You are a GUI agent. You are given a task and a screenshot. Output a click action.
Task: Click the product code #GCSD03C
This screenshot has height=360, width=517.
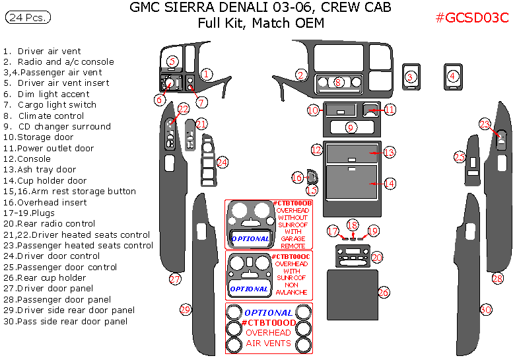pyautogui.click(x=472, y=18)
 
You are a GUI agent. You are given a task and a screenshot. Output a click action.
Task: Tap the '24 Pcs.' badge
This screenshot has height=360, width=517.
pyautogui.click(x=28, y=18)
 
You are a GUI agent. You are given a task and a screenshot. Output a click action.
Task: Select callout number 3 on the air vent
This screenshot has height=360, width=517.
pyautogui.click(x=410, y=77)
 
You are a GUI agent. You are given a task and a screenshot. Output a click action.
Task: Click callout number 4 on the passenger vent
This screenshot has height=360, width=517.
pyautogui.click(x=452, y=77)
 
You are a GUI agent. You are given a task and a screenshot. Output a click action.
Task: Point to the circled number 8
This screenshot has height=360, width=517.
pyautogui.click(x=339, y=83)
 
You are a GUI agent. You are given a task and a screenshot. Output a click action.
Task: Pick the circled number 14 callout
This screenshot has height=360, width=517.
pyautogui.click(x=390, y=183)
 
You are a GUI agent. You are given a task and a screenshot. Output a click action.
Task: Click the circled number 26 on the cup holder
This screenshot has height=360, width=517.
pyautogui.click(x=384, y=292)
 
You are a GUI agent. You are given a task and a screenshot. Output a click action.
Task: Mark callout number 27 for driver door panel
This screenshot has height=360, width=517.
pyautogui.click(x=174, y=279)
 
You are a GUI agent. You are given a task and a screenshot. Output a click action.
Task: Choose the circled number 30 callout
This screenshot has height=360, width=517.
pyautogui.click(x=486, y=308)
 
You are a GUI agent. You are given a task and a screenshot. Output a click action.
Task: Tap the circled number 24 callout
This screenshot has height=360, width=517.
pyautogui.click(x=223, y=162)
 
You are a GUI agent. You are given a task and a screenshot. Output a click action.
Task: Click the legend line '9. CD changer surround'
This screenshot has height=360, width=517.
pyautogui.click(x=57, y=126)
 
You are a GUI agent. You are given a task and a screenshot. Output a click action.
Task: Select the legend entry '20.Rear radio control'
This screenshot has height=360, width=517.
pyautogui.click(x=50, y=224)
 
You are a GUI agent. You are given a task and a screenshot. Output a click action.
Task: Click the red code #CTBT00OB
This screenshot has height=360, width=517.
pyautogui.click(x=292, y=203)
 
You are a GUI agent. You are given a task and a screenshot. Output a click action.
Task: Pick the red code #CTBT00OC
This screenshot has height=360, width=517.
pyautogui.click(x=291, y=256)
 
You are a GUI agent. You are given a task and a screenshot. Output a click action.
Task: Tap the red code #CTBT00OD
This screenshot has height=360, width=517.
pyautogui.click(x=268, y=323)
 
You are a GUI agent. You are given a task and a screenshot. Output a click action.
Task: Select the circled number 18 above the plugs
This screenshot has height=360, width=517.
pyautogui.click(x=353, y=225)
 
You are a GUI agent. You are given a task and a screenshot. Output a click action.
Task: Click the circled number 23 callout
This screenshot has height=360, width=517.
pyautogui.click(x=485, y=124)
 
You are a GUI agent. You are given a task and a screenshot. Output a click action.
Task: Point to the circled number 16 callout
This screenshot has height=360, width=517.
pyautogui.click(x=298, y=177)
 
